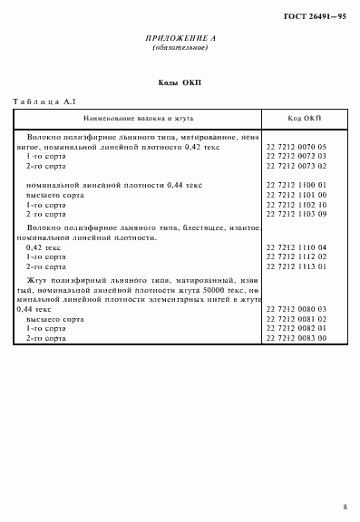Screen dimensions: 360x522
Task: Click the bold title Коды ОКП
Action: coord(180,83)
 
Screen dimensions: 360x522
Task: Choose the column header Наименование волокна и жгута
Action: coord(139,119)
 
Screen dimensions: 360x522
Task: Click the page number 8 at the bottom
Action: coord(345,506)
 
